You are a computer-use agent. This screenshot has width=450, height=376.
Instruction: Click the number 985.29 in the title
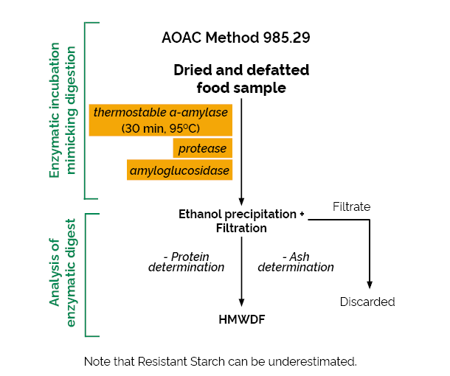point(287,38)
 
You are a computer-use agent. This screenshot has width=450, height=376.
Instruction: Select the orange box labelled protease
point(203,148)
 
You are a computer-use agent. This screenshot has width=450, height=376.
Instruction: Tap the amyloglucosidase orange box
point(180,170)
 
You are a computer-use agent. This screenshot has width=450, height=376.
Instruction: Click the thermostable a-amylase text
point(161,112)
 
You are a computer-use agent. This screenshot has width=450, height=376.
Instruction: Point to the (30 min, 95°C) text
point(160,128)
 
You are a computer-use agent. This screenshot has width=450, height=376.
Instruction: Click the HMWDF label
point(242,319)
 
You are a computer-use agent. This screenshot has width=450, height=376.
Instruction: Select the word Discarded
point(367,302)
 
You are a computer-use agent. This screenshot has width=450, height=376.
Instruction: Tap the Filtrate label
point(352,206)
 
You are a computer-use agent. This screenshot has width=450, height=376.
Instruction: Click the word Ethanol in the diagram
point(200,214)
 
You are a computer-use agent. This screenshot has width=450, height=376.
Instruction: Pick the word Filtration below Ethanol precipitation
point(241,228)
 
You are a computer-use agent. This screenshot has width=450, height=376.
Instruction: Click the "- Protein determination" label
point(186,262)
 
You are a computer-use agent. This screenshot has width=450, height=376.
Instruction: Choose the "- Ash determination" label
point(296,262)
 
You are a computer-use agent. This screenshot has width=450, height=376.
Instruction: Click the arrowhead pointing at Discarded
point(370,285)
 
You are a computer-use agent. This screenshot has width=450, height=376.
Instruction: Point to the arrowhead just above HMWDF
point(242,302)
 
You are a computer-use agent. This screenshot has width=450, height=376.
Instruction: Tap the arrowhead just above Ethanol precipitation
point(241,201)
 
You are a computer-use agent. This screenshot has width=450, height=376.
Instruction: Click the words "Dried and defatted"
point(241,70)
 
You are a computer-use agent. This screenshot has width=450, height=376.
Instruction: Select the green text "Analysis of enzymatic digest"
point(62,273)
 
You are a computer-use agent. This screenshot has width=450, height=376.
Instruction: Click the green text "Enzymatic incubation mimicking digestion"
point(62,110)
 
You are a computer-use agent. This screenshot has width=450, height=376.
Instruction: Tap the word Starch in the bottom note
point(208,361)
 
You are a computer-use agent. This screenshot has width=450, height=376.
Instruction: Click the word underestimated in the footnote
point(312,361)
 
